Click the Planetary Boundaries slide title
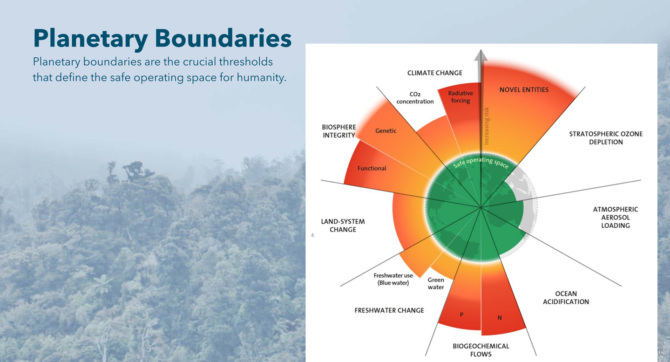[x=162, y=39]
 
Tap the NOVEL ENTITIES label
[x=524, y=90]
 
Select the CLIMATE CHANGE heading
[x=434, y=73]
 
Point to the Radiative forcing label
[x=460, y=97]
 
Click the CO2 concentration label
[x=415, y=98]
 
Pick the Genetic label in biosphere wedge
[x=386, y=131]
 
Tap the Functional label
[x=372, y=168]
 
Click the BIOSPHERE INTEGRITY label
[x=339, y=131]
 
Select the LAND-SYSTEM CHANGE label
[x=343, y=225]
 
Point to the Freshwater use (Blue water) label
[x=393, y=279]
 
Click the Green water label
[x=436, y=283]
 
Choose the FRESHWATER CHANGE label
[x=389, y=310]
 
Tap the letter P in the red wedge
[x=461, y=314]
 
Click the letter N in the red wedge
[x=500, y=318]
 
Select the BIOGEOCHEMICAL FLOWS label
[x=481, y=350]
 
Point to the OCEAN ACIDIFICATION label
[x=566, y=298]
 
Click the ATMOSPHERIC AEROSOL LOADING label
[x=615, y=218]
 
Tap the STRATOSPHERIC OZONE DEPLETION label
[x=606, y=138]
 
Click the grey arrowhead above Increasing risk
[x=481, y=55]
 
